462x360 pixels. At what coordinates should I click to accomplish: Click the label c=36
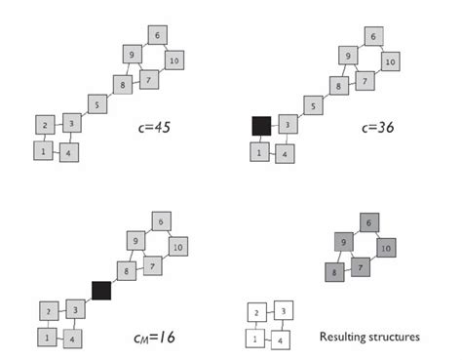coord(377,127)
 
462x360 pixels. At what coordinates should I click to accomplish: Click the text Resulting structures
coord(369,337)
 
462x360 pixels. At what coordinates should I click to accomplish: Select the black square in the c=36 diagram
coord(261,126)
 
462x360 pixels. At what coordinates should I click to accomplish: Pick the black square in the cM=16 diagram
coord(102,290)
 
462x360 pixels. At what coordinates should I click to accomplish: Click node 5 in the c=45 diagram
coord(96,103)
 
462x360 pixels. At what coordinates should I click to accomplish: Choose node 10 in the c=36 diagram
coord(389,61)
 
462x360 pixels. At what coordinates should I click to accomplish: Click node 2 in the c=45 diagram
coord(45,126)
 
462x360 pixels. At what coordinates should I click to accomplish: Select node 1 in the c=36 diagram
coord(258,153)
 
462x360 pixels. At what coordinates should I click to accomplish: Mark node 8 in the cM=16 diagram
coord(125,269)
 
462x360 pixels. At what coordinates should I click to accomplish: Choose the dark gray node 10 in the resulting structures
coord(385,248)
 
